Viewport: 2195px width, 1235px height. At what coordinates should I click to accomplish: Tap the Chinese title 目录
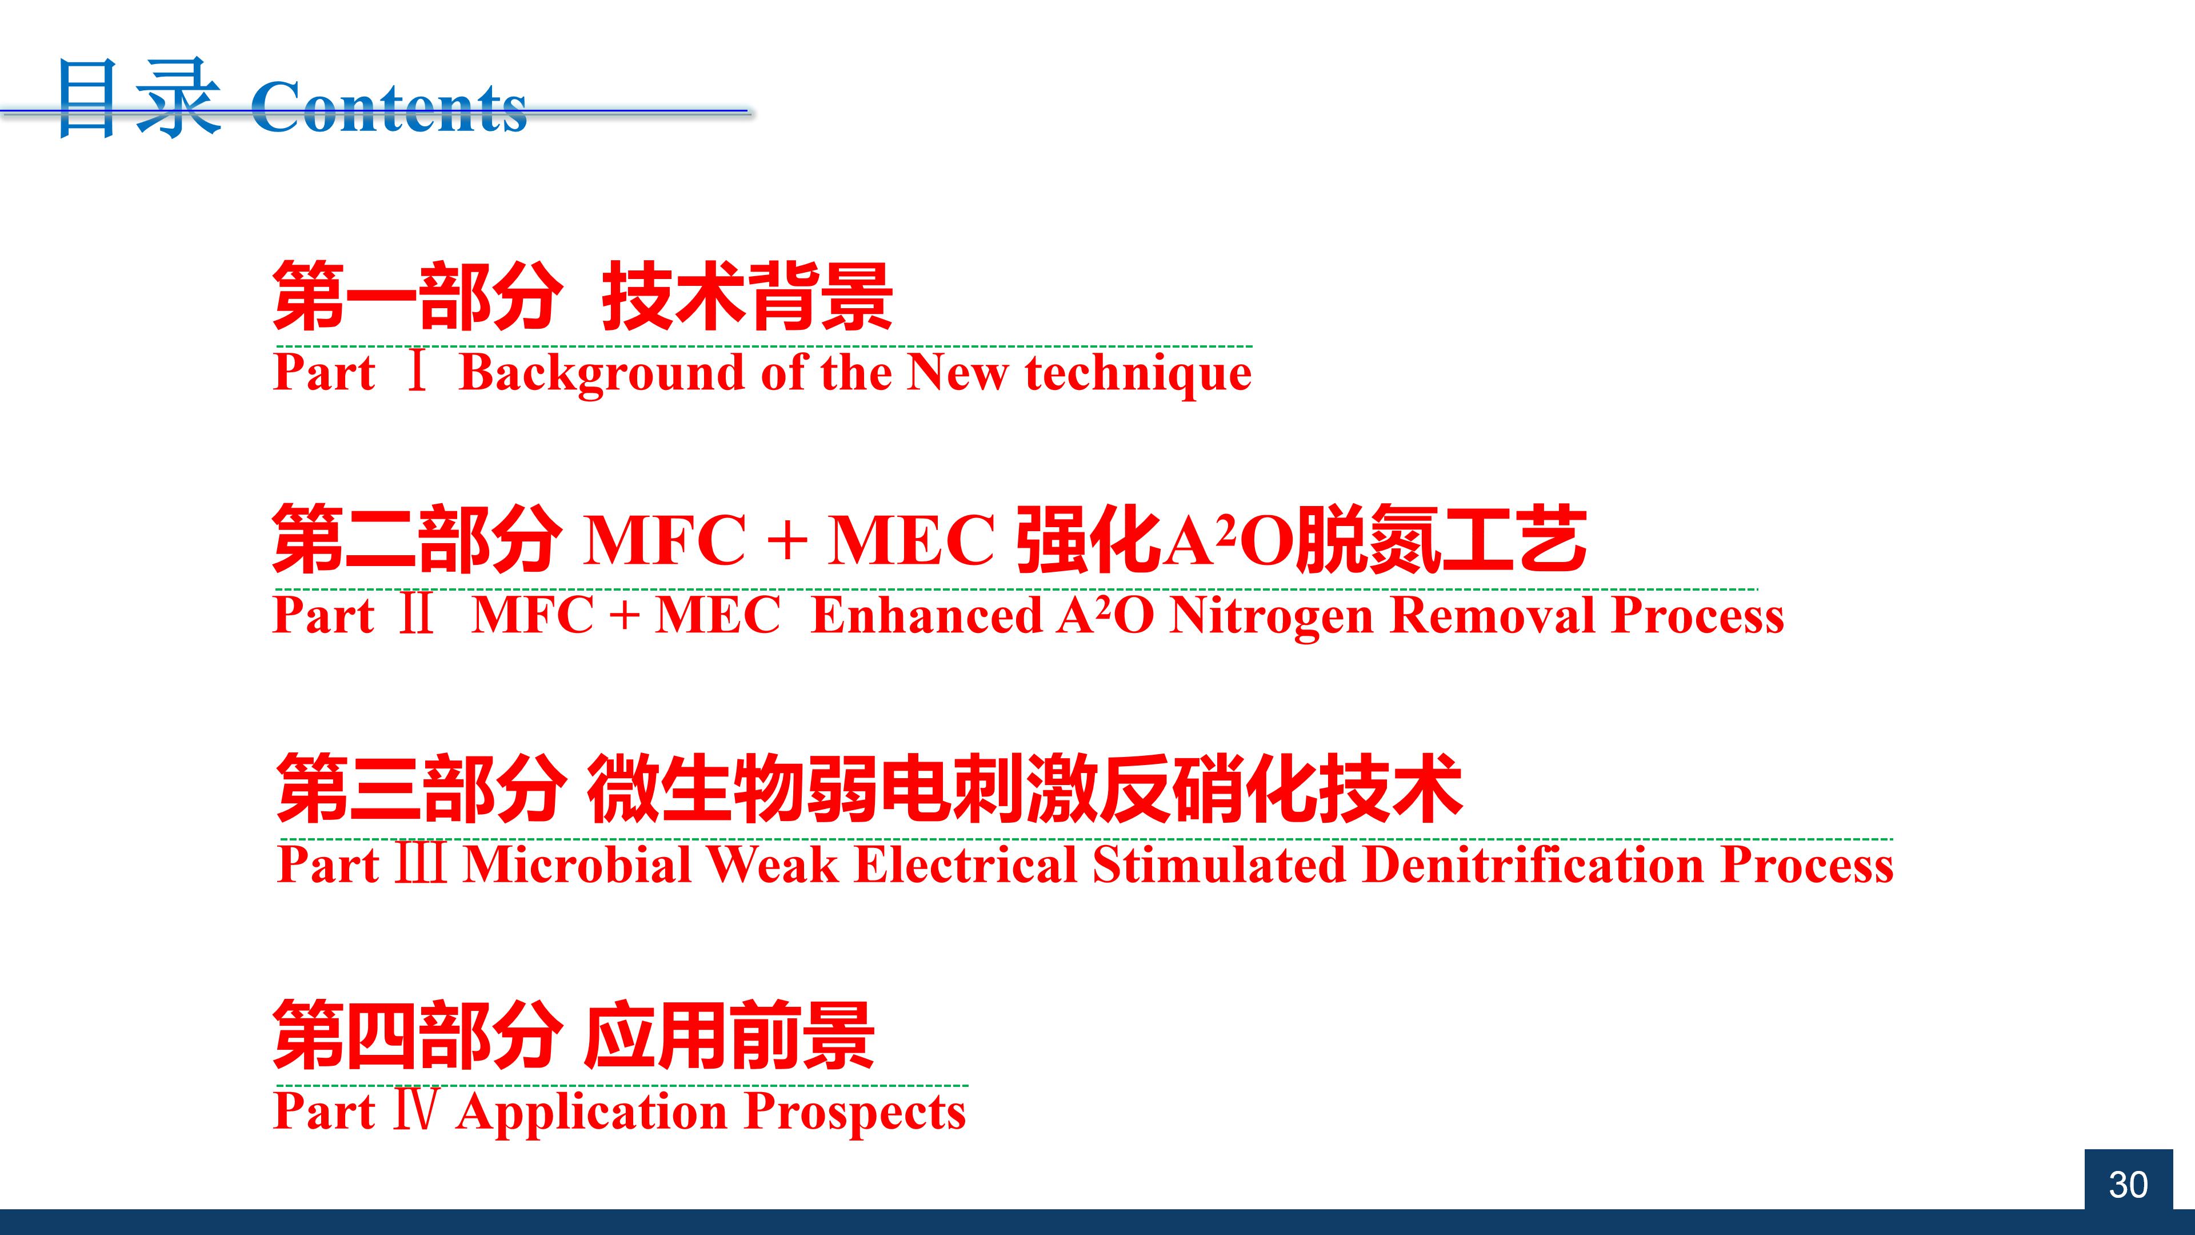139,98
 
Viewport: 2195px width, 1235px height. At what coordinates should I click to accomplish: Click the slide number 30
2128,1185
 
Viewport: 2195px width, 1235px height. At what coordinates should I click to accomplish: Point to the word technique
1138,374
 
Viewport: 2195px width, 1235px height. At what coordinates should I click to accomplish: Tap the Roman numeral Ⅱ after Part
417,615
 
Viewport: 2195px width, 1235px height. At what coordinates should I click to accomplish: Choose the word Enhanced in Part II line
927,615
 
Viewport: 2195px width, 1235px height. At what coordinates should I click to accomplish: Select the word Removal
1493,615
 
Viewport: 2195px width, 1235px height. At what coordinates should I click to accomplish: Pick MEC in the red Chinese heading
911,540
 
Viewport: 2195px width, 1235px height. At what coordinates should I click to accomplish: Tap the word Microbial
577,865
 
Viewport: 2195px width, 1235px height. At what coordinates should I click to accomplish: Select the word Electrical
965,865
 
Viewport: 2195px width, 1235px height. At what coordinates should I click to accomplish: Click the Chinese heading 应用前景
729,1035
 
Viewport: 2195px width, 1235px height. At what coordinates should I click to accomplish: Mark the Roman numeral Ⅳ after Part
417,1110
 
